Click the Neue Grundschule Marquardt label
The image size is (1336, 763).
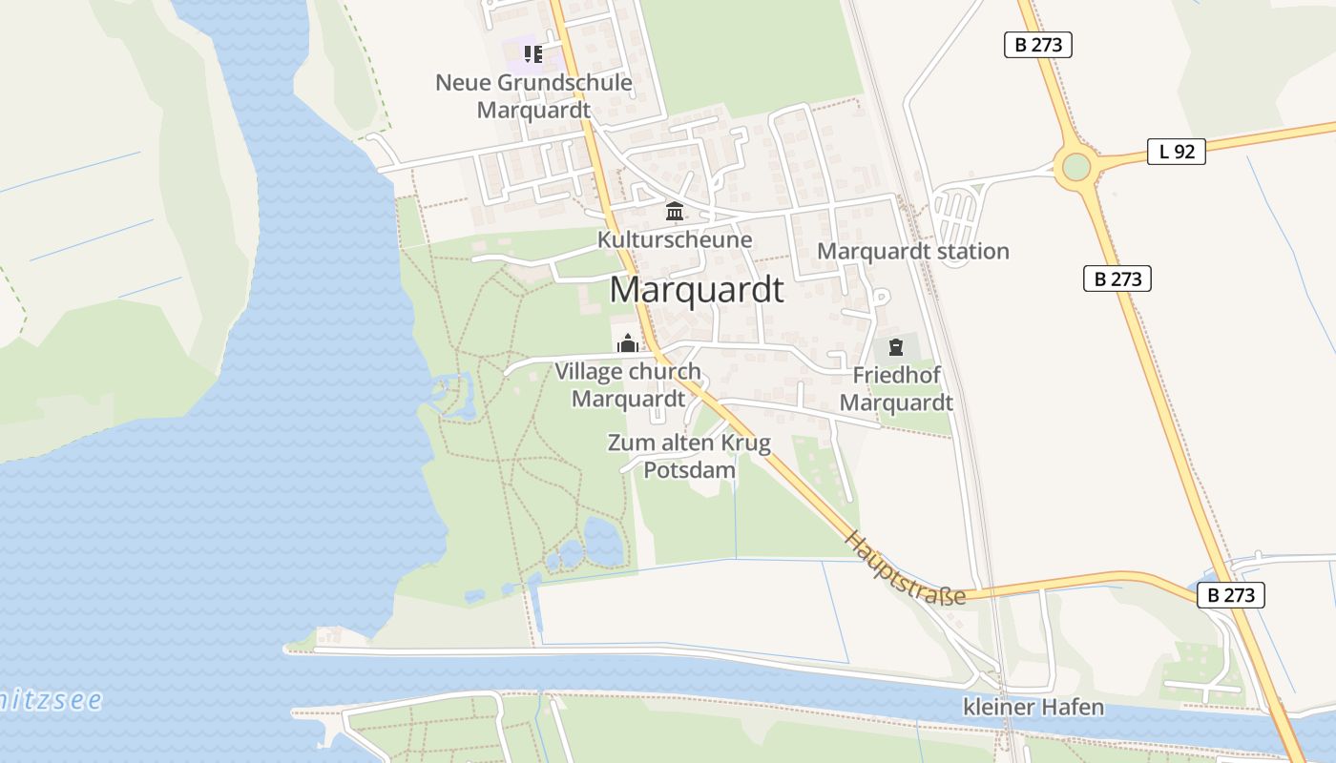pyautogui.click(x=533, y=95)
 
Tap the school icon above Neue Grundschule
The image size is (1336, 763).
pyautogui.click(x=532, y=54)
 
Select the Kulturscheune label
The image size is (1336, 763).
pyautogui.click(x=675, y=239)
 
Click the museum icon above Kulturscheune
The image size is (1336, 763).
pyautogui.click(x=675, y=211)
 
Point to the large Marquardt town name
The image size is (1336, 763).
pyautogui.click(x=697, y=290)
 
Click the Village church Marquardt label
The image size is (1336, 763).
pyautogui.click(x=628, y=384)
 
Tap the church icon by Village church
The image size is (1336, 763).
pyautogui.click(x=628, y=343)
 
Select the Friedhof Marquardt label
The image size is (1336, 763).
pyautogui.click(x=896, y=388)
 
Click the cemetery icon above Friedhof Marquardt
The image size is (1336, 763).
pyautogui.click(x=895, y=347)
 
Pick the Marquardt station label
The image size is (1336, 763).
pyautogui.click(x=913, y=252)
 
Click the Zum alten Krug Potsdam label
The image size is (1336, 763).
pyautogui.click(x=689, y=456)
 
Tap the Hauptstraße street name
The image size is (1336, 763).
pyautogui.click(x=904, y=568)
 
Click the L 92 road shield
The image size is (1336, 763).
pyautogui.click(x=1176, y=151)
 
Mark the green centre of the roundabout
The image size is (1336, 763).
pyautogui.click(x=1075, y=167)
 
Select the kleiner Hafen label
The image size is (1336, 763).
pyautogui.click(x=1033, y=708)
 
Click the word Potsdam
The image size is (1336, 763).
pyautogui.click(x=689, y=470)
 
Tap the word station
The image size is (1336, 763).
pyautogui.click(x=967, y=252)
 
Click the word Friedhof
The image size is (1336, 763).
pyautogui.click(x=896, y=375)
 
